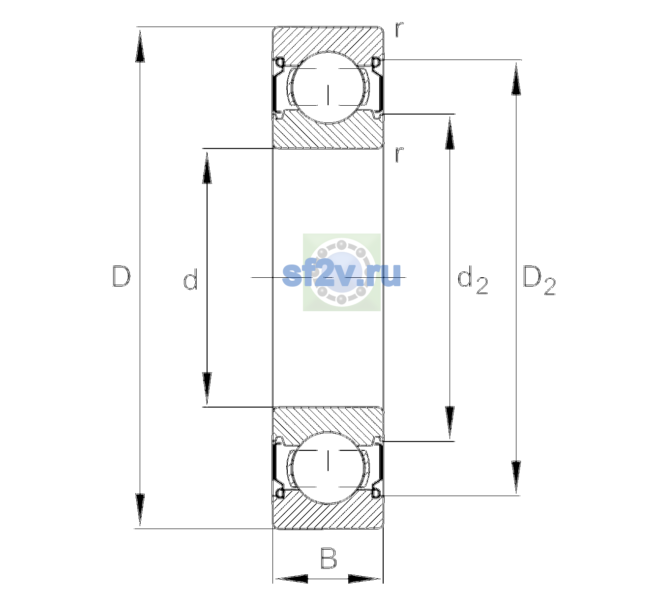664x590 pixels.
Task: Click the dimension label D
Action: point(121,276)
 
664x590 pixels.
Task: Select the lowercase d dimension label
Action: point(190,279)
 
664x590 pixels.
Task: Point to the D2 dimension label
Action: point(539,280)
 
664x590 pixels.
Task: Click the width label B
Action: point(329,558)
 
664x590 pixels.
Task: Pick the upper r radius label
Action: point(399,29)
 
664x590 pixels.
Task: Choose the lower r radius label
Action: point(399,154)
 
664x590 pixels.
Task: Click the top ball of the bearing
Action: point(328,88)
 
